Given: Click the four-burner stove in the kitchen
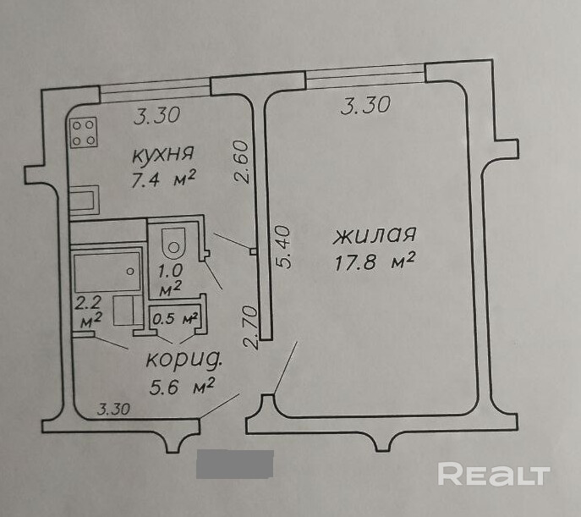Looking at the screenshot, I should point(83,132).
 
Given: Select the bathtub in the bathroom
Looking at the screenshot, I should point(107,271).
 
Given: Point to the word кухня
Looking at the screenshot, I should point(163,154).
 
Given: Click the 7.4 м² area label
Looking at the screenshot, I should point(164,178).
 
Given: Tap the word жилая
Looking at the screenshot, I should point(374,234).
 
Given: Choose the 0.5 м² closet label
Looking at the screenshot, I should point(174,319).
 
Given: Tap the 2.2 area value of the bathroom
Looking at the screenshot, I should point(88,302).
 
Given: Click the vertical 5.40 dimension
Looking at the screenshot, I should point(284,246).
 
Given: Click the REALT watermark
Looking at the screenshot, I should point(494,474).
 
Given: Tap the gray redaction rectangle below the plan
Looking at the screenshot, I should point(235,465).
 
